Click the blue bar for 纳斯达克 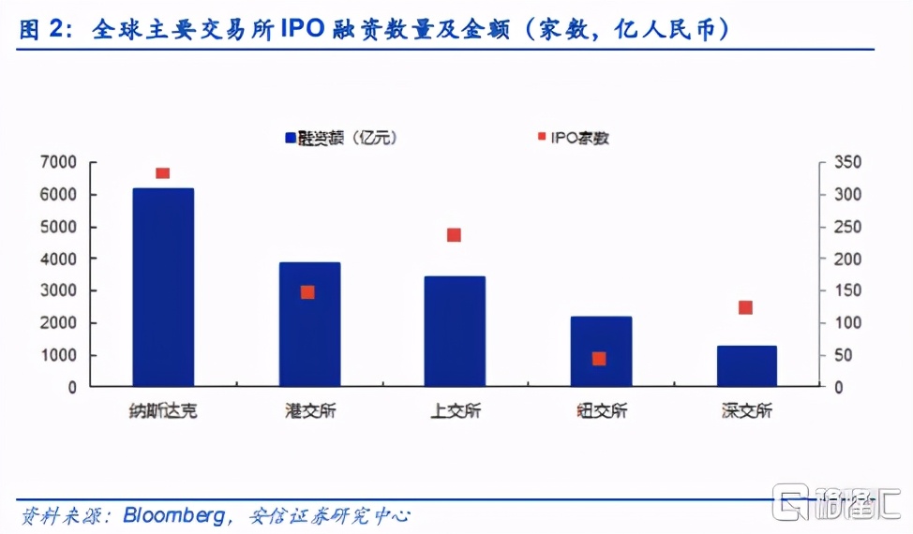163,287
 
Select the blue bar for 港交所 308,324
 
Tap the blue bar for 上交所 455,331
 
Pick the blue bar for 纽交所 601,351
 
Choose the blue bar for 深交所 747,365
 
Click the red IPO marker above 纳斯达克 162,173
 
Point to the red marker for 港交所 307,292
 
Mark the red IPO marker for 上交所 454,235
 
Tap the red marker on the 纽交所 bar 599,359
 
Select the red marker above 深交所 746,307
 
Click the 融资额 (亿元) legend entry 341,138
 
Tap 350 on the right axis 847,163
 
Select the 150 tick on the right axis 847,290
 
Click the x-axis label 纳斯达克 163,410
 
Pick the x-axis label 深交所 747,410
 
